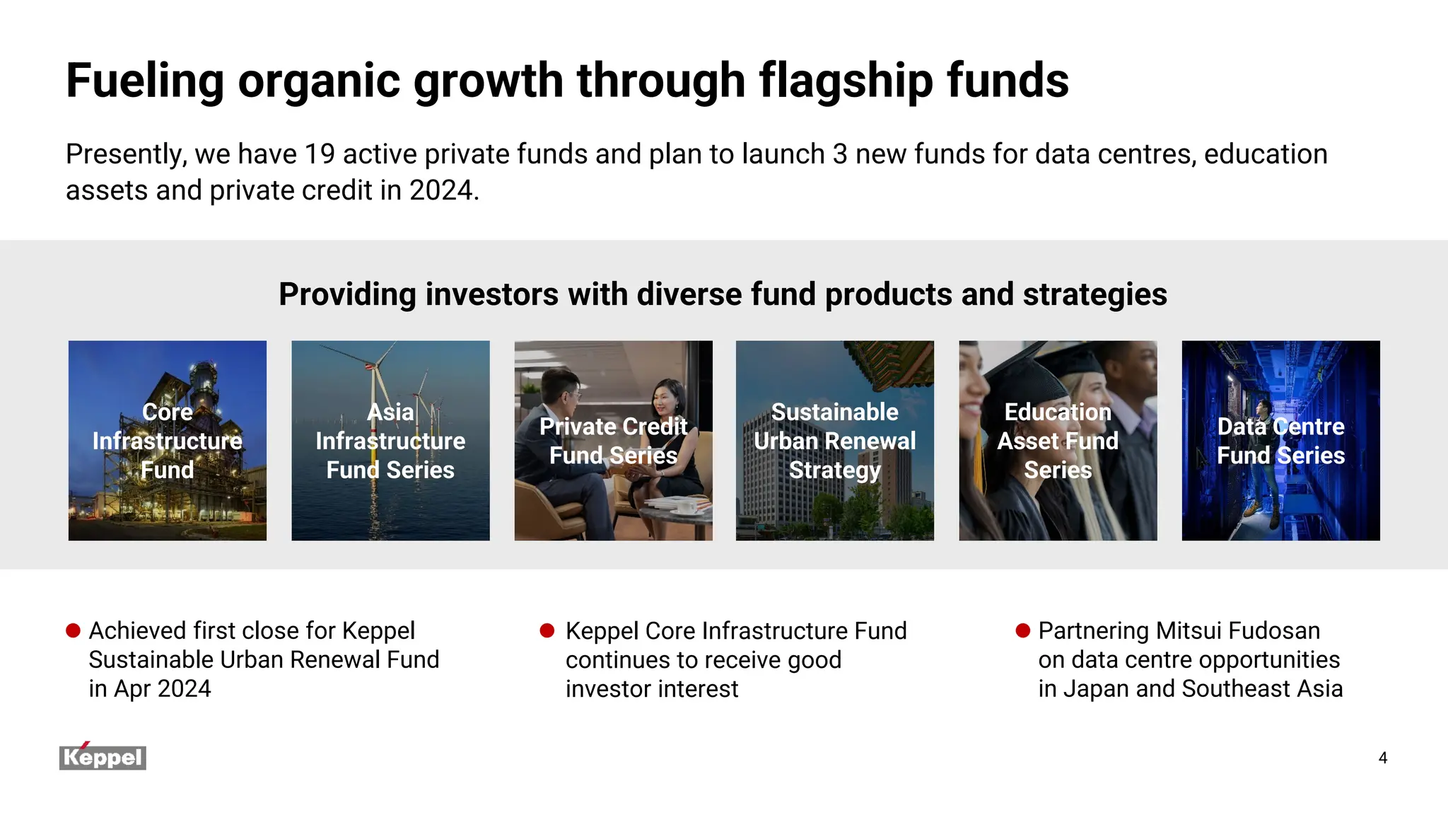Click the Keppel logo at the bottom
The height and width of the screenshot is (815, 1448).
coord(103,757)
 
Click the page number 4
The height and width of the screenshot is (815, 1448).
coord(1382,758)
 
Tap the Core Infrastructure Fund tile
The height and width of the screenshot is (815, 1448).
coord(168,441)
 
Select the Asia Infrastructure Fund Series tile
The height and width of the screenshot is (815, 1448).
coord(390,441)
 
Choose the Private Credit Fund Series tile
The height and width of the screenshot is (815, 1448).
coord(613,441)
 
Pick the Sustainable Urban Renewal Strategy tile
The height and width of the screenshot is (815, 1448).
coord(834,441)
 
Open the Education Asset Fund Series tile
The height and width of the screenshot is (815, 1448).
coord(1058,441)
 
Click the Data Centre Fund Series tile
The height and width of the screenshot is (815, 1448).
coord(1280,441)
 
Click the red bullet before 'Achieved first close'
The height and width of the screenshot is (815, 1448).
coord(73,630)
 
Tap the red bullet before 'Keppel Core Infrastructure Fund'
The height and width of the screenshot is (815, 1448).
coord(547,630)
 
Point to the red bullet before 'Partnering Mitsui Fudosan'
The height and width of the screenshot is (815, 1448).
coord(1022,630)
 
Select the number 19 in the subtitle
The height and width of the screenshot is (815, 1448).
coord(320,154)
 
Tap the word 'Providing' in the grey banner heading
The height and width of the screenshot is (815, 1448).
coord(347,294)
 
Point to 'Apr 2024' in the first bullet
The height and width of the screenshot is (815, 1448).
coord(161,688)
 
